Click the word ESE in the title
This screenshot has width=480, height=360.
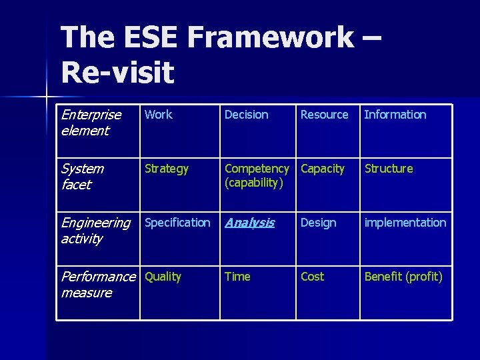[149, 38]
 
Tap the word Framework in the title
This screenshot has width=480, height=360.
[271, 38]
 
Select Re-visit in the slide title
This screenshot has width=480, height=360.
[117, 72]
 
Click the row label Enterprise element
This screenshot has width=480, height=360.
[91, 123]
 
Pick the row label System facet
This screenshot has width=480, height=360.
[82, 177]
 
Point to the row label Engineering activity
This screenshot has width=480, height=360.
[95, 231]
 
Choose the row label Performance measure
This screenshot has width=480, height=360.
[97, 285]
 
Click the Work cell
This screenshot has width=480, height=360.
[159, 115]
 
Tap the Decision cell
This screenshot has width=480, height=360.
[247, 115]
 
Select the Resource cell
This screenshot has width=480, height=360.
[324, 115]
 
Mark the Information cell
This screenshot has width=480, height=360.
[395, 115]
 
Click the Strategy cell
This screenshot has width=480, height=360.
[167, 169]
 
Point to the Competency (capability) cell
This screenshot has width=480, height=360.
[257, 176]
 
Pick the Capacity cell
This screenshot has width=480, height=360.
[323, 169]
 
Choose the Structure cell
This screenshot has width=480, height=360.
[389, 169]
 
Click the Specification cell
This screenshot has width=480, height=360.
[177, 223]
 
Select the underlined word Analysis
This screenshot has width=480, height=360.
[249, 223]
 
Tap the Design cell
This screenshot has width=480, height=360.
[319, 223]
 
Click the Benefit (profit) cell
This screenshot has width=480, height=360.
[403, 277]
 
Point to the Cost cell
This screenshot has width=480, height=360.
[312, 277]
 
